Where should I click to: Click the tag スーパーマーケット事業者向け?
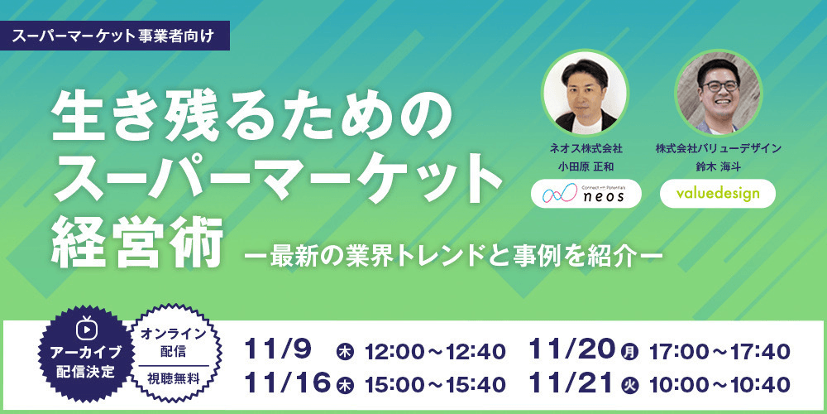click(x=115, y=36)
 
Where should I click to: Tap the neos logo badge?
click(x=585, y=193)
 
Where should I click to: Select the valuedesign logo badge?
click(x=717, y=193)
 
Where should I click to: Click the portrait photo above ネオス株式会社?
click(x=585, y=91)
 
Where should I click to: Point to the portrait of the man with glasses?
click(x=717, y=91)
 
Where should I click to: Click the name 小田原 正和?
click(x=585, y=166)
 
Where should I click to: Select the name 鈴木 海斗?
click(x=717, y=166)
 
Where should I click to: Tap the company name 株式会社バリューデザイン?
click(x=717, y=148)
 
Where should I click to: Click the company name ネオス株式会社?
click(x=585, y=148)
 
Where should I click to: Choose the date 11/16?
click(x=289, y=383)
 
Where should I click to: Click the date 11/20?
click(x=572, y=350)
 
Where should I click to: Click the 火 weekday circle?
click(x=630, y=384)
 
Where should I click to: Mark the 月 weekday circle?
click(x=630, y=352)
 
